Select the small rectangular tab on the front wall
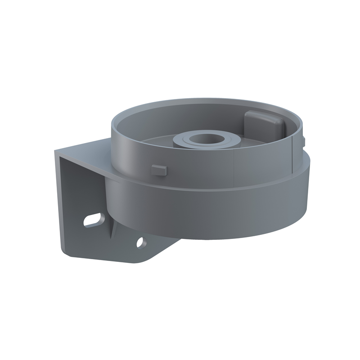[x=159, y=169]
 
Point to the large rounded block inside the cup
[x=261, y=125]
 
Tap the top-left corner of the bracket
[x=56, y=152]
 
